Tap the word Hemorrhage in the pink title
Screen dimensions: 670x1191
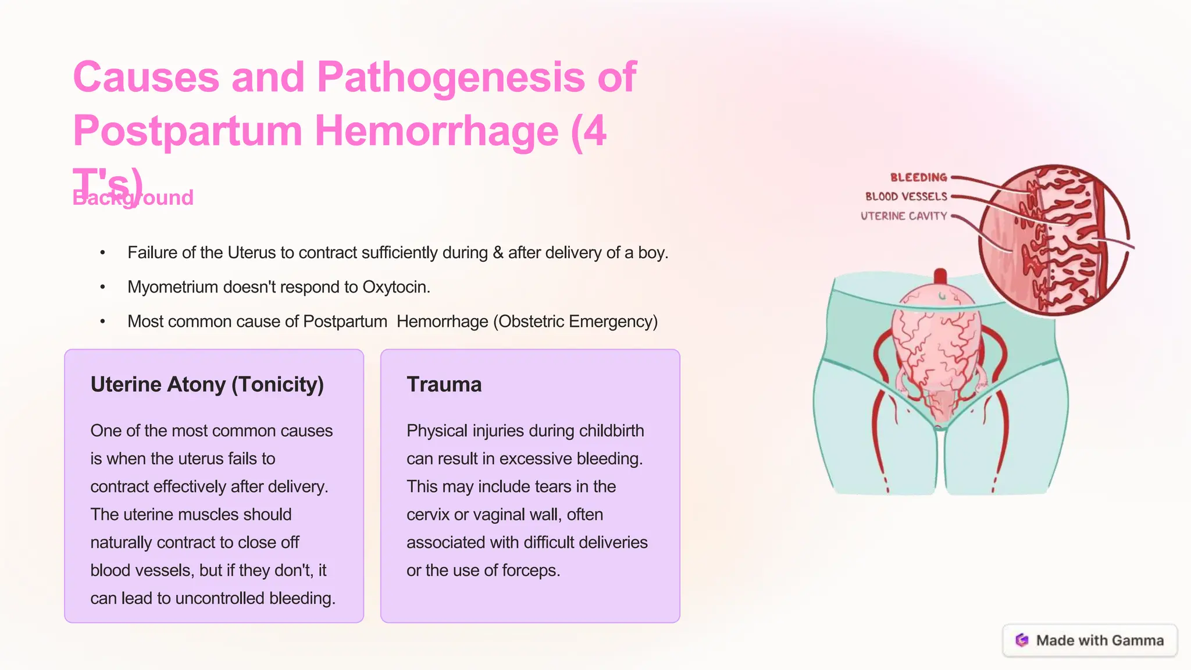coord(436,131)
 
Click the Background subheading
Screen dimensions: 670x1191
coord(133,198)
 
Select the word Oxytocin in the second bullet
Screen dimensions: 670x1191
coord(395,287)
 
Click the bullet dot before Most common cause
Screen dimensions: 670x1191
coord(102,322)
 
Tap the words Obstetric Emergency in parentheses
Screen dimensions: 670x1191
coord(575,322)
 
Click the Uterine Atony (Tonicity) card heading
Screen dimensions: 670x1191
coord(207,384)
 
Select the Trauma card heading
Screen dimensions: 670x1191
coord(444,384)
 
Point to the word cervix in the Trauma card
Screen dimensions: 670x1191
coord(429,515)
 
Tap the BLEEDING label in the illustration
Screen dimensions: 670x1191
coord(918,177)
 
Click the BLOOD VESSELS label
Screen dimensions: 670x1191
coord(906,197)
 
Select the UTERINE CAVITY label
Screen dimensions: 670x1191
coord(904,216)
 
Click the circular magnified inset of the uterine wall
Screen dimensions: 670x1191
coord(1054,240)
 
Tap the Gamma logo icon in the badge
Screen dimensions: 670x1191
coord(1022,640)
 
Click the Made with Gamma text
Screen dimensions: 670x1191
coord(1100,640)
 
